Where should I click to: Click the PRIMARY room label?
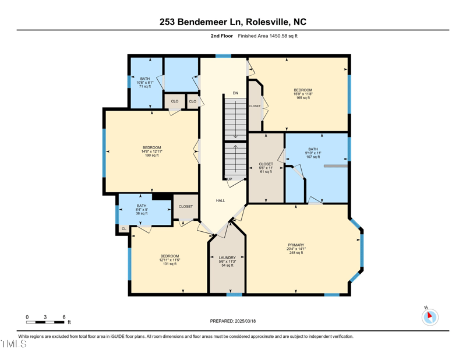295,245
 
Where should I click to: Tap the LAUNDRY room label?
227,257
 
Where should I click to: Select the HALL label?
220,200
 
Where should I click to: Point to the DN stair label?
235,93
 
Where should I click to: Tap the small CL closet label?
124,229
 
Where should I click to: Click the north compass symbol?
429,317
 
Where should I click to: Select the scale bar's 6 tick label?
63,317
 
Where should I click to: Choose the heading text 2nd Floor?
222,36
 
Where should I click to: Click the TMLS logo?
14,344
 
